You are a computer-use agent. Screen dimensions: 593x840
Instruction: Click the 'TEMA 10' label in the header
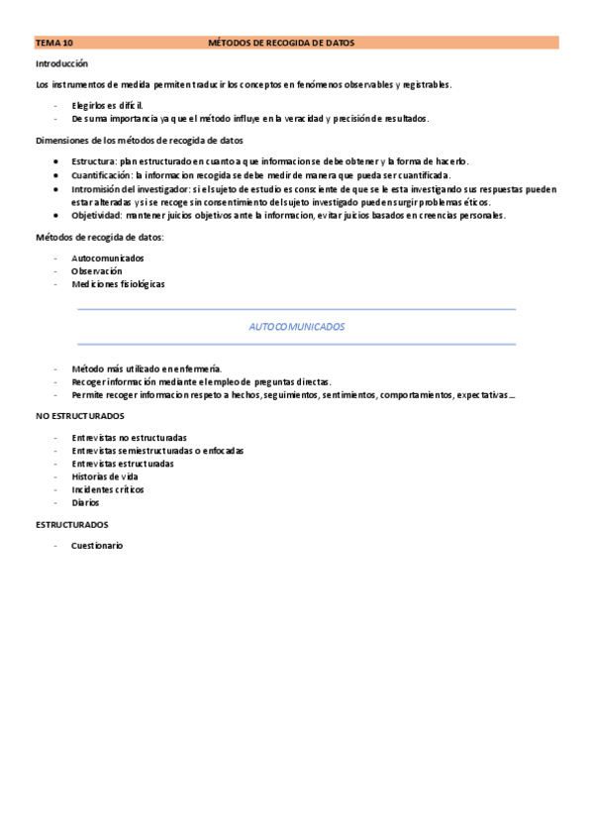(54, 43)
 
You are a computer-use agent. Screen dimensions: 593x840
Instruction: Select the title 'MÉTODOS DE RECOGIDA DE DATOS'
(281, 43)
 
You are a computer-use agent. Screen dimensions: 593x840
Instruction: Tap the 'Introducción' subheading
(61, 63)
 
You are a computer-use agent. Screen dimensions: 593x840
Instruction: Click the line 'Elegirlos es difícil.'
(107, 105)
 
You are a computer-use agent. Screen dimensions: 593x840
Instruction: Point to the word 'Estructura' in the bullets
(94, 160)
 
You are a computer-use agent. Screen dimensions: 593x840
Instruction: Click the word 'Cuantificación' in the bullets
(102, 174)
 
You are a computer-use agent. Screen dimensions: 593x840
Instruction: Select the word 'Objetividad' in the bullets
(96, 216)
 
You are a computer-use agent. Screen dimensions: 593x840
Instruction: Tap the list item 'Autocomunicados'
(107, 258)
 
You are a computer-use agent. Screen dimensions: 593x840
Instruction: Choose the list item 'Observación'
(96, 270)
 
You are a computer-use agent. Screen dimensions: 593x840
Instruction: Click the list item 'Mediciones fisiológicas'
(118, 284)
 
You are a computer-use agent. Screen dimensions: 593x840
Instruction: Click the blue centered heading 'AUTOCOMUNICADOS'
(296, 326)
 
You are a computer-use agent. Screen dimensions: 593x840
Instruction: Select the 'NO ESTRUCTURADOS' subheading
(80, 416)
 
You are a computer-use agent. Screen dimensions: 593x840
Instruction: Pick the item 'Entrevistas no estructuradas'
(129, 438)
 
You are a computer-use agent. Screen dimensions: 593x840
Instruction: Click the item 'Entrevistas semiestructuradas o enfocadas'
(157, 451)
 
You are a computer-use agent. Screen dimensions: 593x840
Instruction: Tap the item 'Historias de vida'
(105, 476)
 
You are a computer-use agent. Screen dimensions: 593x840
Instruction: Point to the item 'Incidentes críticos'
(107, 489)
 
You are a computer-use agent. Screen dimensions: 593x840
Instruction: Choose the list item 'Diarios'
(85, 502)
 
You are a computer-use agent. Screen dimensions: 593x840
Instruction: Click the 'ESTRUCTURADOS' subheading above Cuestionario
(72, 524)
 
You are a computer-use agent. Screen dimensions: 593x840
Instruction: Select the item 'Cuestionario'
(96, 546)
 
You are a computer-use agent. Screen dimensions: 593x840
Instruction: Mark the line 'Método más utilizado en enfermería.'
(147, 368)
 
